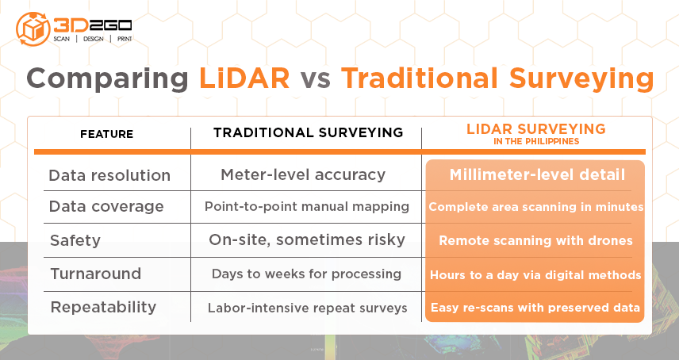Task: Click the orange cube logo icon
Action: pos(33,29)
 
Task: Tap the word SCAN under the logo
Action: pos(62,39)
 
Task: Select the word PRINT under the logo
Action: pos(125,39)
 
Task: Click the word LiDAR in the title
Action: pos(244,79)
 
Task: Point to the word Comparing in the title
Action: pos(107,80)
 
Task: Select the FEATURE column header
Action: pos(106,134)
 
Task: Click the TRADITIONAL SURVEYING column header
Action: pos(309,132)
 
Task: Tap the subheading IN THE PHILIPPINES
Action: pos(536,141)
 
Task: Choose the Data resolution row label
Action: pos(109,175)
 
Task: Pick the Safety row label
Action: pos(75,240)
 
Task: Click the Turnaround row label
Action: pos(96,274)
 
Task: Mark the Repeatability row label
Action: pos(103,307)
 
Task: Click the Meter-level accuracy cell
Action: pos(303,174)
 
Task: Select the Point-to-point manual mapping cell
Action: pos(307,206)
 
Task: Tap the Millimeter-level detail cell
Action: pos(537,174)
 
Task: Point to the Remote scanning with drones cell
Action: pos(535,240)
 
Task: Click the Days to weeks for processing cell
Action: pos(307,274)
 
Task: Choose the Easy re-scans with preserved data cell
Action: pos(535,308)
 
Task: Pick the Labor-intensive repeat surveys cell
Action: pos(308,308)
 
